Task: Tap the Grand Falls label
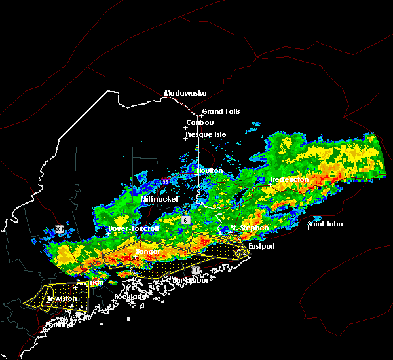point(221,111)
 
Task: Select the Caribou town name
point(200,122)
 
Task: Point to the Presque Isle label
point(206,134)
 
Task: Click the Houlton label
point(210,170)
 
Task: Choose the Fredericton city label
point(290,179)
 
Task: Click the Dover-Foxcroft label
point(134,229)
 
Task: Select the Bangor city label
point(148,251)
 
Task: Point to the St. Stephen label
point(249,228)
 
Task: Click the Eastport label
point(262,247)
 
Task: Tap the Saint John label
point(325,225)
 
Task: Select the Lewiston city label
point(62,298)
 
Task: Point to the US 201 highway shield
point(60,228)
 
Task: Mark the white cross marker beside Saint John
point(308,228)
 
